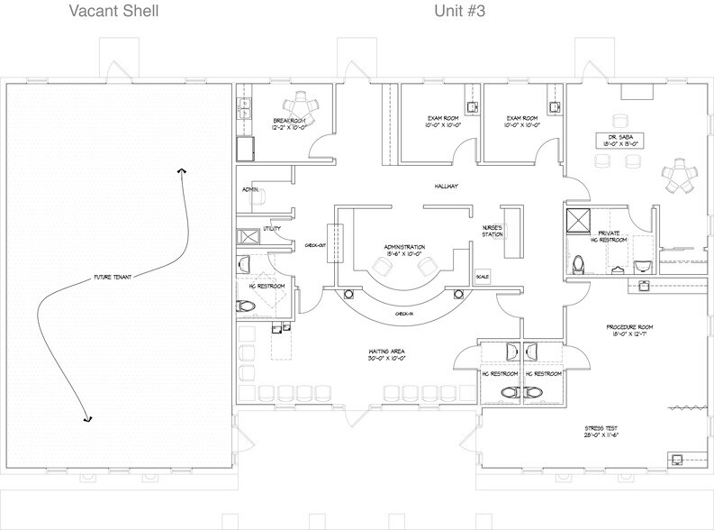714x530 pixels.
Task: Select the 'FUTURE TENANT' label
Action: (x=113, y=277)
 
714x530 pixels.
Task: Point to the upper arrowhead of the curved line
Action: (x=183, y=170)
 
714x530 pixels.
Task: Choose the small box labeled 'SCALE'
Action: (x=481, y=276)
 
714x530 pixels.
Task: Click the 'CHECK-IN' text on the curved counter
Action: (x=403, y=314)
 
